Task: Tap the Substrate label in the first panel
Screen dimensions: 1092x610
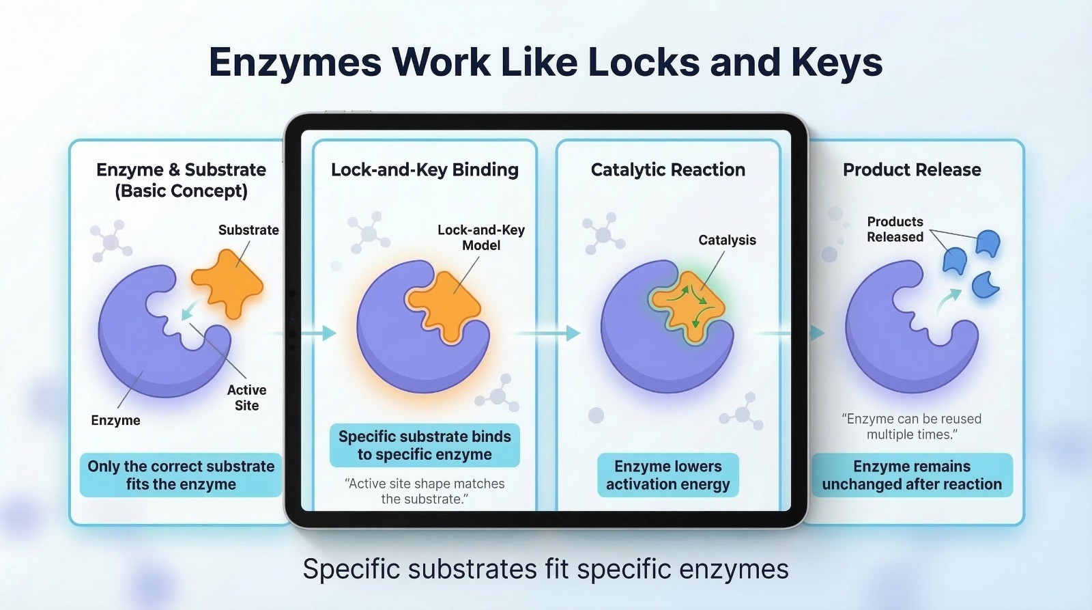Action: point(248,230)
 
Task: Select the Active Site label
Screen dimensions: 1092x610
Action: point(246,398)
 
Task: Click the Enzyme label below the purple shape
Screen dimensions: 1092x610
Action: point(115,420)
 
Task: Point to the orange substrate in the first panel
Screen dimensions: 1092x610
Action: point(227,283)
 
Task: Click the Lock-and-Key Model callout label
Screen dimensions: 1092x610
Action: point(481,237)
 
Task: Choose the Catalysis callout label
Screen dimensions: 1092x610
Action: point(727,240)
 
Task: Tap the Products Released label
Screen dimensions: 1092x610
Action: point(895,229)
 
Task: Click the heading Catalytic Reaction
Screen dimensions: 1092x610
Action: point(668,169)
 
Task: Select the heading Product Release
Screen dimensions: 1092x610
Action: point(912,169)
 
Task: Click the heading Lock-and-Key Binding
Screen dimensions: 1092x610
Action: point(425,169)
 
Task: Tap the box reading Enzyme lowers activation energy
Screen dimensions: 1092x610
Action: point(668,475)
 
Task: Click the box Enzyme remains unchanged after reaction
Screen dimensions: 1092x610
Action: point(912,475)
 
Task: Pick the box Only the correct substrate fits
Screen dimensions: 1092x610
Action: point(181,475)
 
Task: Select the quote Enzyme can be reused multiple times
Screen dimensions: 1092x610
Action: point(912,426)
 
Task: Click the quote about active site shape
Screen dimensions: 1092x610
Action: point(425,491)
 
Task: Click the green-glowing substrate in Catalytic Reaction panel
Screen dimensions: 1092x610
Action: point(689,305)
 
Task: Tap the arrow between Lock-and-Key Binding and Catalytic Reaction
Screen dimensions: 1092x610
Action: point(546,333)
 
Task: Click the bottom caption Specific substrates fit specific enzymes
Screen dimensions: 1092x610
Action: point(545,568)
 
